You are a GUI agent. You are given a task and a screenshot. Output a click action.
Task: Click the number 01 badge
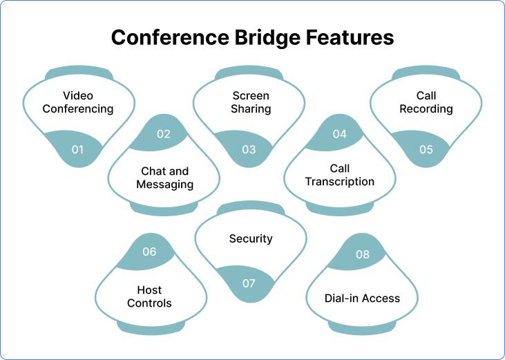[77, 149]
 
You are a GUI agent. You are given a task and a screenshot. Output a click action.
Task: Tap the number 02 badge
[163, 134]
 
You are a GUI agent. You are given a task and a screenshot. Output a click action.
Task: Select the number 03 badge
[249, 149]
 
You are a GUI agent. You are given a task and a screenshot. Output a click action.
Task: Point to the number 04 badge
[339, 134]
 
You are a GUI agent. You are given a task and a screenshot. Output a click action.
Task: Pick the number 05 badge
[426, 149]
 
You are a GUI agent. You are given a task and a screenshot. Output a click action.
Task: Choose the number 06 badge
[149, 252]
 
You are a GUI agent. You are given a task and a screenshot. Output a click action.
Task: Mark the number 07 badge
[249, 283]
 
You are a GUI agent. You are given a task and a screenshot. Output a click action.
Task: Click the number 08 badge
[363, 254]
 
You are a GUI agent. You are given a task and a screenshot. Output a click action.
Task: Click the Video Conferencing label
[77, 102]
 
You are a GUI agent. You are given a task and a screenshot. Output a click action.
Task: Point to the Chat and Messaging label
[164, 178]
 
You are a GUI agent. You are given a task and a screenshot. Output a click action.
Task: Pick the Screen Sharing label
[251, 102]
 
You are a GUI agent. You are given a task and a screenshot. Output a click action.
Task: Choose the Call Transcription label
[340, 175]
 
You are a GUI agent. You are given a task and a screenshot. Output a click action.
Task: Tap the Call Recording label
[426, 102]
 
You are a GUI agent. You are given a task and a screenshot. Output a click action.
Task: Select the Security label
[251, 238]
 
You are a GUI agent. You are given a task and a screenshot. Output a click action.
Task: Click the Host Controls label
[149, 296]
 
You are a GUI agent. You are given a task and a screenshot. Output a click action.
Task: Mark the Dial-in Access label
[362, 299]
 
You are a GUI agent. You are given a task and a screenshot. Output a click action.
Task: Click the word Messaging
[164, 184]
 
